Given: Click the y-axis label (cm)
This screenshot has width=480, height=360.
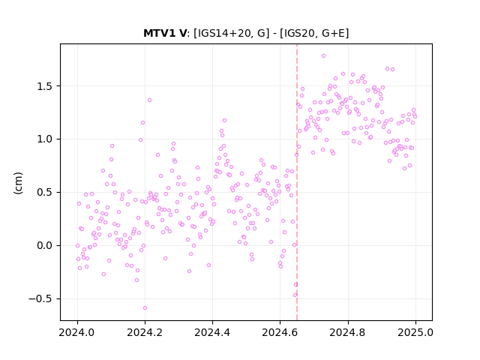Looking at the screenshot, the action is pos(18,183).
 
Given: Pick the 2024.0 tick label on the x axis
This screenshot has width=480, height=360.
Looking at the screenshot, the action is pos(77,332).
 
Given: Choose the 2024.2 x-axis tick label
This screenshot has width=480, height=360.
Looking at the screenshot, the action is pos(145,332).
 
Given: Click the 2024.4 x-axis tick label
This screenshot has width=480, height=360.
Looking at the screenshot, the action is pos(212,332).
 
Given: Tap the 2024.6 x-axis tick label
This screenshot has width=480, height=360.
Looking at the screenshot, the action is pos(280,332).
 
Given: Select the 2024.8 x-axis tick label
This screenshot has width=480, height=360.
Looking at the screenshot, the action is pos(348,332).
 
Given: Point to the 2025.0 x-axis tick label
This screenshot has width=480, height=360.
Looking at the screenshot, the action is pos(415,332).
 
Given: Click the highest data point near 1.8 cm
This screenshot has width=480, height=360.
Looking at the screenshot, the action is pos(323,56).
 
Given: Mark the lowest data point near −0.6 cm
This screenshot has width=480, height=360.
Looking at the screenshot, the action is pos(145,308).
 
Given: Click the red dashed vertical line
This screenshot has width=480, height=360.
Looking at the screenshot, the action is pos(297,182).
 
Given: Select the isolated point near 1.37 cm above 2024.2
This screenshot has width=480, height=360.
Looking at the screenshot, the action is pos(150,100).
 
